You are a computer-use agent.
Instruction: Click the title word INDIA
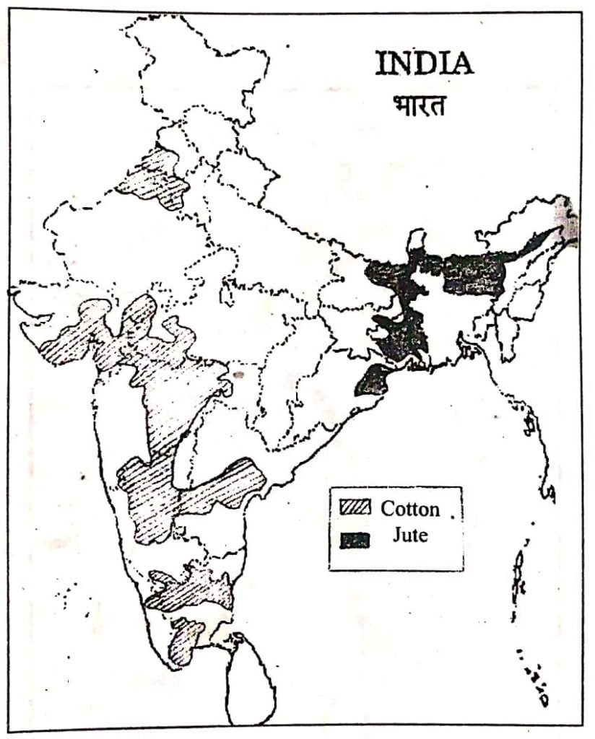[424, 64]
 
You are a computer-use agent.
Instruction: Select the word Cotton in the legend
[409, 509]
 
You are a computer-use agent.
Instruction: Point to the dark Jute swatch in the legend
[355, 539]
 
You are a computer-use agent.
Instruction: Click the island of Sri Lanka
[249, 678]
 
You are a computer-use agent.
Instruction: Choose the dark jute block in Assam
[473, 273]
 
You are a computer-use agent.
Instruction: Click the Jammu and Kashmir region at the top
[195, 65]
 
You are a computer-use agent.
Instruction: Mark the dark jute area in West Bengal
[401, 332]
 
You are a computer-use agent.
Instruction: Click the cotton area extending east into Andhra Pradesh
[224, 487]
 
